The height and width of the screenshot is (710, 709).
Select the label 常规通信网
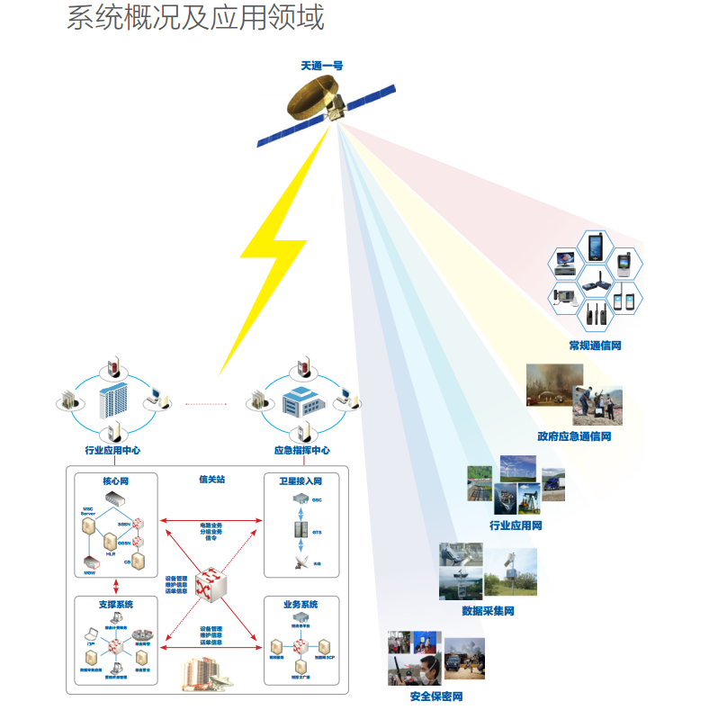point(595,346)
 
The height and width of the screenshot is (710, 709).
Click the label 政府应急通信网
point(574,436)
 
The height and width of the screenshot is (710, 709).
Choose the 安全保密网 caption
point(435,697)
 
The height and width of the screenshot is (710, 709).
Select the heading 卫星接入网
point(301,481)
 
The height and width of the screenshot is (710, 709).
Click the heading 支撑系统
point(115,604)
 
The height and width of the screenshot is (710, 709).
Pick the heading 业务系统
point(301,604)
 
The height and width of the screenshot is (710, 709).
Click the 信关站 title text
point(211,480)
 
